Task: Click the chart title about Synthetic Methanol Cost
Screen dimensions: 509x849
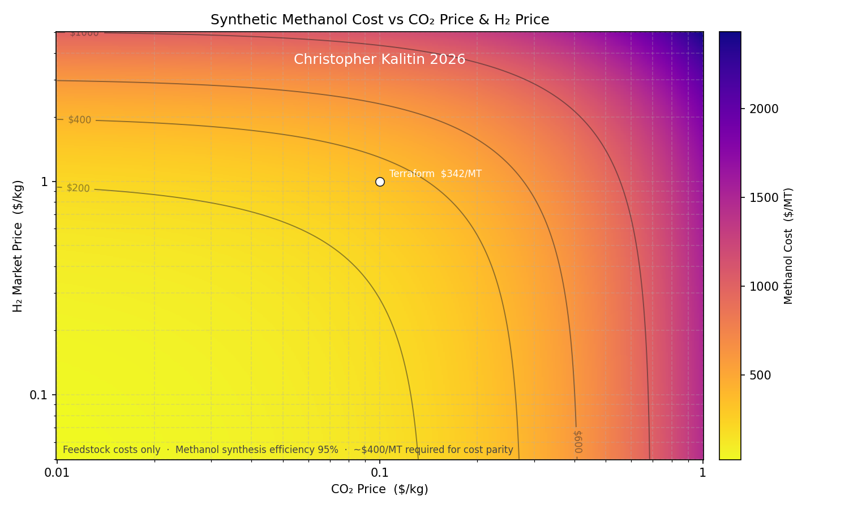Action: click(x=380, y=20)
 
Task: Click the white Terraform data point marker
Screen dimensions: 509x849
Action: click(x=380, y=182)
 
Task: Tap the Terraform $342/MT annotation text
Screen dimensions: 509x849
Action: click(x=435, y=174)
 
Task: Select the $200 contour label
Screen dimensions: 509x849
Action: click(x=78, y=188)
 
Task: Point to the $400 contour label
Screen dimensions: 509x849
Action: click(x=79, y=120)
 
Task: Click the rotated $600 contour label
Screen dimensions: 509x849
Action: click(x=577, y=442)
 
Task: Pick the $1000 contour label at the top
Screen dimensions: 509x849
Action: click(x=84, y=33)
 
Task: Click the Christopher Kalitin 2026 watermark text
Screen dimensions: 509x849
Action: click(x=379, y=59)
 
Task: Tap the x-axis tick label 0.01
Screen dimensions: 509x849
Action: click(x=57, y=472)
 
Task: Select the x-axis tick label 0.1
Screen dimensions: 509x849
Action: click(x=380, y=472)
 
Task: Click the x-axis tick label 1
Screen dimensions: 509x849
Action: click(x=702, y=472)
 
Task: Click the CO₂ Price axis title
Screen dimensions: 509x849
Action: click(x=380, y=489)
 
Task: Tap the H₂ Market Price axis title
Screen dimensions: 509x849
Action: click(x=18, y=246)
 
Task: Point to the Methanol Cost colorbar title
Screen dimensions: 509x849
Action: click(x=788, y=246)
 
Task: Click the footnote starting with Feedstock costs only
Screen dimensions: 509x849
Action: click(x=288, y=450)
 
